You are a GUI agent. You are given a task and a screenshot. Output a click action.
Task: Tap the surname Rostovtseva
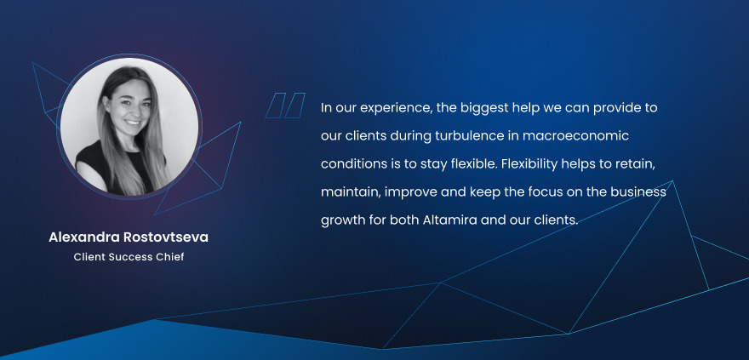[165, 237]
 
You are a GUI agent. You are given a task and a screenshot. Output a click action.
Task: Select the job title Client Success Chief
[129, 257]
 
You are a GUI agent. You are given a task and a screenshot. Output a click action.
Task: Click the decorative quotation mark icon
[285, 106]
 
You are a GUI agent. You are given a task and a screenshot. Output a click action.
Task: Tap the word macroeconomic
[575, 136]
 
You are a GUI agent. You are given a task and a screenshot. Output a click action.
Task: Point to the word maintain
[351, 193]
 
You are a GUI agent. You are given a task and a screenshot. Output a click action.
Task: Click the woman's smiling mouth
[133, 123]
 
